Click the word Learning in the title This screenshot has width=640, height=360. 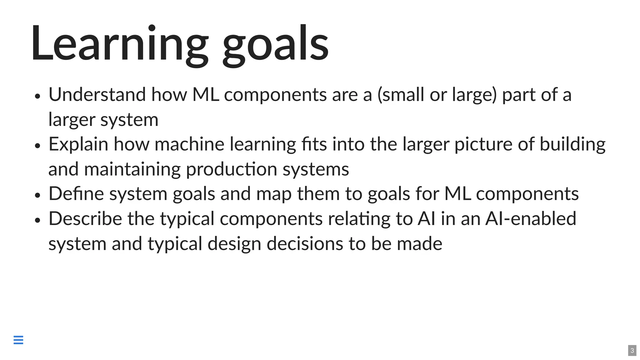(119, 44)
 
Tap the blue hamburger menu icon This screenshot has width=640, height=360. (18, 340)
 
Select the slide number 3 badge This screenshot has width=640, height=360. (632, 351)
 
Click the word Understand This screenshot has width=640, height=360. (97, 94)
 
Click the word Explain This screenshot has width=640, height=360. (78, 144)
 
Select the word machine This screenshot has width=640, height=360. (189, 144)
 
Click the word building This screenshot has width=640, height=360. (572, 144)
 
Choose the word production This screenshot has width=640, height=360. (232, 169)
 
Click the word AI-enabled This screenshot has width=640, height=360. (531, 218)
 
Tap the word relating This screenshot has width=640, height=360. (359, 218)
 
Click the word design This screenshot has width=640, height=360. (234, 244)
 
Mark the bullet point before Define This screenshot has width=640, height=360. (38, 195)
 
